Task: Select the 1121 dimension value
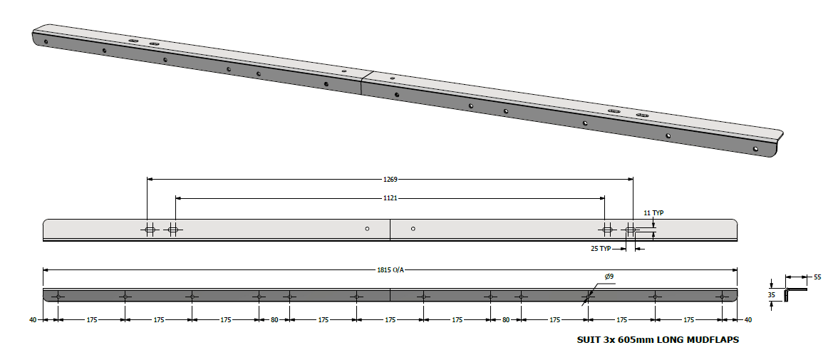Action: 390,197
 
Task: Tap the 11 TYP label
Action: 653,213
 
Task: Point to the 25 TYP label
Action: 601,248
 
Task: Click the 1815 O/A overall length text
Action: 390,270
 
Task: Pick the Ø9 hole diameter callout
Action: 609,276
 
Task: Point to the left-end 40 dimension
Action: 33,320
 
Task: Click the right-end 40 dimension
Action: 747,320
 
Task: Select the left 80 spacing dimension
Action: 274,320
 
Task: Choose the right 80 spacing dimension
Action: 506,320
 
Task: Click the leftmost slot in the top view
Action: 150,230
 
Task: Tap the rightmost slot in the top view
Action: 631,230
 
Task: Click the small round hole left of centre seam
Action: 367,229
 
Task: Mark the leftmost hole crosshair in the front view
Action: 58,296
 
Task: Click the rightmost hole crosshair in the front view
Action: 722,296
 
